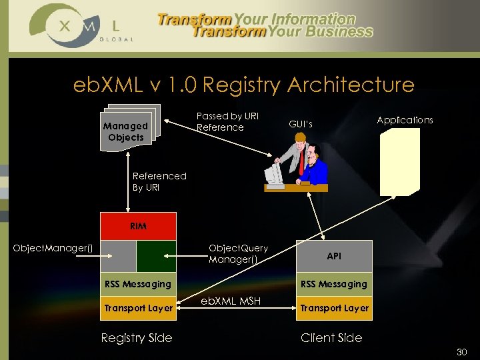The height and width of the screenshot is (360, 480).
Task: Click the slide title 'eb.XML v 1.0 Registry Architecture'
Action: (x=244, y=85)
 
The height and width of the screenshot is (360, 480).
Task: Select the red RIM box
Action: (x=138, y=226)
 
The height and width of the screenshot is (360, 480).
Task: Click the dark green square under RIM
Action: (x=156, y=256)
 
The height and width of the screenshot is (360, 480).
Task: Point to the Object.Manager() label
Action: (x=53, y=249)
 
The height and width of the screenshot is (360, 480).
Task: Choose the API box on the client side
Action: (x=334, y=256)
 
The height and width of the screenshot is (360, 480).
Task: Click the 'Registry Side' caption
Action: (x=136, y=338)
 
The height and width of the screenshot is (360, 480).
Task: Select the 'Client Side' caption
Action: (x=331, y=338)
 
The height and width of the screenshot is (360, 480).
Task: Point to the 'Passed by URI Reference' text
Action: (x=226, y=121)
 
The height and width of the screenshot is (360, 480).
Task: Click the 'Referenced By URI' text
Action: (x=159, y=181)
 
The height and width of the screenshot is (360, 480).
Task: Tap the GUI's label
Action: (x=300, y=124)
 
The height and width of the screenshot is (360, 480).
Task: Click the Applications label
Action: (x=405, y=120)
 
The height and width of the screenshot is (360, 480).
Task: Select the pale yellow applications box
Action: (x=399, y=161)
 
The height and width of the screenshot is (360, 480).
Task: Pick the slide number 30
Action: (x=462, y=351)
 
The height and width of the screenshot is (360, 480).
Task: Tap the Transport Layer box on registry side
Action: (x=138, y=308)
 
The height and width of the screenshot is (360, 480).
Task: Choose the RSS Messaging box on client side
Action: (x=334, y=284)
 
